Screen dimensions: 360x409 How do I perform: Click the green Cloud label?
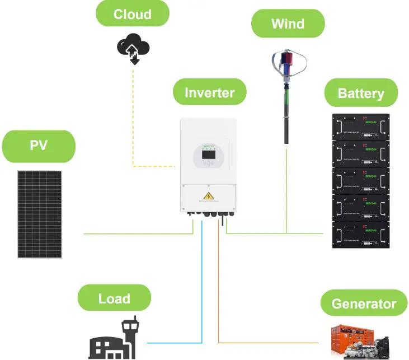132,13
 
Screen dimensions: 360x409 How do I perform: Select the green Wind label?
288,24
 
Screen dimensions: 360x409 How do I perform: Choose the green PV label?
39,147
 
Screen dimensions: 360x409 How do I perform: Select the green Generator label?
364,304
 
